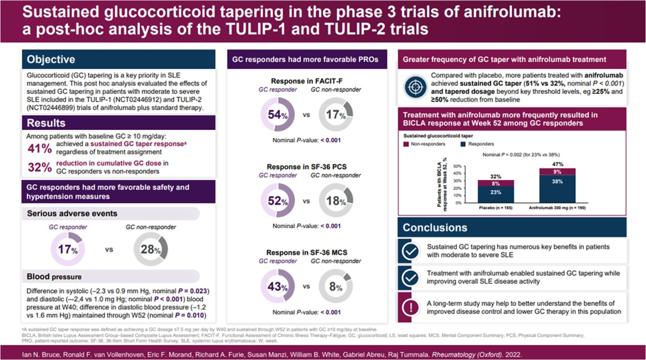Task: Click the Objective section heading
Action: pos(51,59)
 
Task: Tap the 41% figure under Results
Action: pos(39,148)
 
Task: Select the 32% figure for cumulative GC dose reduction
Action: pos(39,167)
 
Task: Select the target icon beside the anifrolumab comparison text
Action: pos(415,87)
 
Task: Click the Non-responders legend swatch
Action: pos(406,144)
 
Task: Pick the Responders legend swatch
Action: pos(463,144)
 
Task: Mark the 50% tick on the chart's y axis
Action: pos(458,166)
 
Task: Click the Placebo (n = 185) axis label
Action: pos(496,208)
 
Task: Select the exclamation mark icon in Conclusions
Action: pos(410,307)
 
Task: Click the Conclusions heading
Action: pos(435,228)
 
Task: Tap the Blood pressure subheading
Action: pos(54,277)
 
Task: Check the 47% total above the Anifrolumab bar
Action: pos(557,164)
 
